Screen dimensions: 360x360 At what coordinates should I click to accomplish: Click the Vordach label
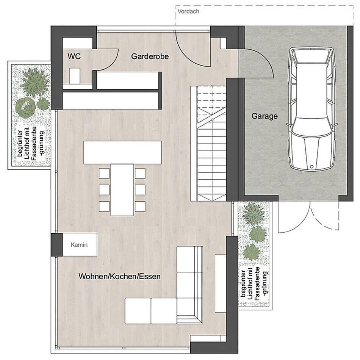pyautogui.click(x=188, y=11)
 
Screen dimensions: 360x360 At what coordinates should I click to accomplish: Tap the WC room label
pyautogui.click(x=74, y=56)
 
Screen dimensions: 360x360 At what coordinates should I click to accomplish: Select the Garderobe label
pyautogui.click(x=150, y=56)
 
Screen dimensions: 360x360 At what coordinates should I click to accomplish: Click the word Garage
pyautogui.click(x=265, y=116)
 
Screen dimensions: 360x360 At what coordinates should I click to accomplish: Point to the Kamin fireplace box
pyautogui.click(x=80, y=245)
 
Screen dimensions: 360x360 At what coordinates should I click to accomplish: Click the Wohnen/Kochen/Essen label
pyautogui.click(x=120, y=276)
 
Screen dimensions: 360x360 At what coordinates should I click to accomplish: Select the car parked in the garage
pyautogui.click(x=312, y=109)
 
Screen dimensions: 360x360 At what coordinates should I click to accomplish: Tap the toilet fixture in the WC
pyautogui.click(x=75, y=76)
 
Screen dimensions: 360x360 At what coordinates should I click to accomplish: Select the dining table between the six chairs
pyautogui.click(x=122, y=189)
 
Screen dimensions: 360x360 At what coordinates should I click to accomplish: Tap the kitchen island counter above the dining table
pyautogui.click(x=122, y=152)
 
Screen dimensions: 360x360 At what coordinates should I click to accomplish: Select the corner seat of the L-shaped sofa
pyautogui.click(x=189, y=311)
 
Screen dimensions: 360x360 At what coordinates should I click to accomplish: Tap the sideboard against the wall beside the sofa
pyautogui.click(x=221, y=283)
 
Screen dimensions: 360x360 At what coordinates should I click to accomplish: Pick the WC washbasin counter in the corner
pyautogui.click(x=77, y=43)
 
